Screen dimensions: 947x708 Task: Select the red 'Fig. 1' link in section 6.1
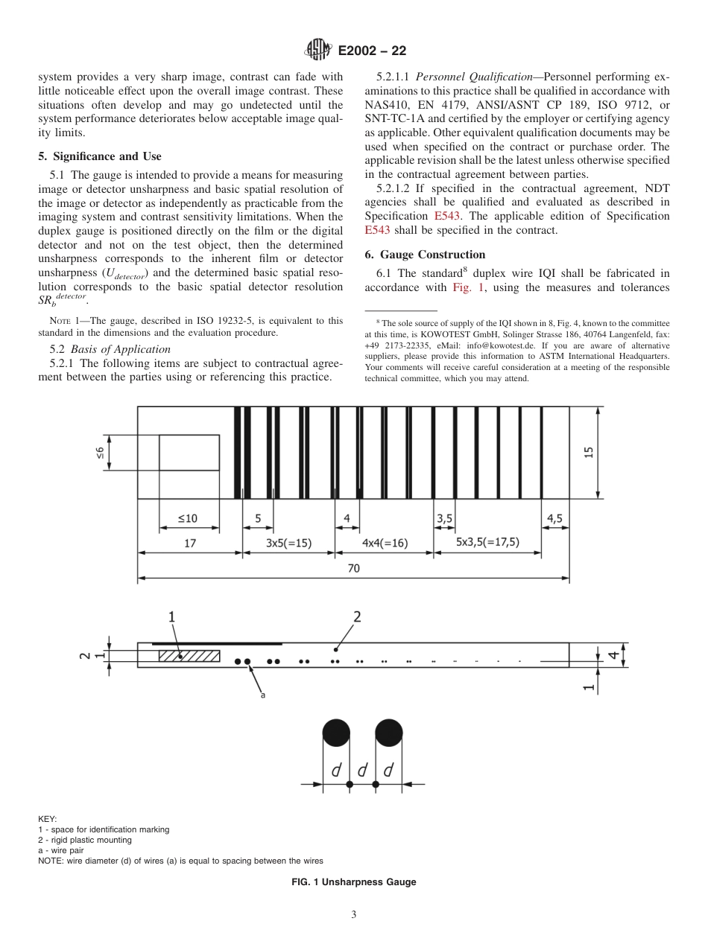467,287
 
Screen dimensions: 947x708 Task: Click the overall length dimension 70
353,568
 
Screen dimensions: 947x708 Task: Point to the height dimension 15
589,453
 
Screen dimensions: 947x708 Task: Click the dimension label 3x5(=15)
288,543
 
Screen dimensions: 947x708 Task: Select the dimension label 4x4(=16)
385,543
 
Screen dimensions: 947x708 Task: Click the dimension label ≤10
188,518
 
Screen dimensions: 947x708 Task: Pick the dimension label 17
190,543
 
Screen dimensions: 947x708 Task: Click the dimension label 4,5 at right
555,518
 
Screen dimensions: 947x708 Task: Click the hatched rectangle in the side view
189,656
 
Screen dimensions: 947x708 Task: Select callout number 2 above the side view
357,616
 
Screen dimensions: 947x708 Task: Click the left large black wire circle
336,733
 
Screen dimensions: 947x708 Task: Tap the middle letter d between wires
362,771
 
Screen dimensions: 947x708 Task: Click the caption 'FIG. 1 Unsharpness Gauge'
353,882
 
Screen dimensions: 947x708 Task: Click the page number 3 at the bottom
353,915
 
